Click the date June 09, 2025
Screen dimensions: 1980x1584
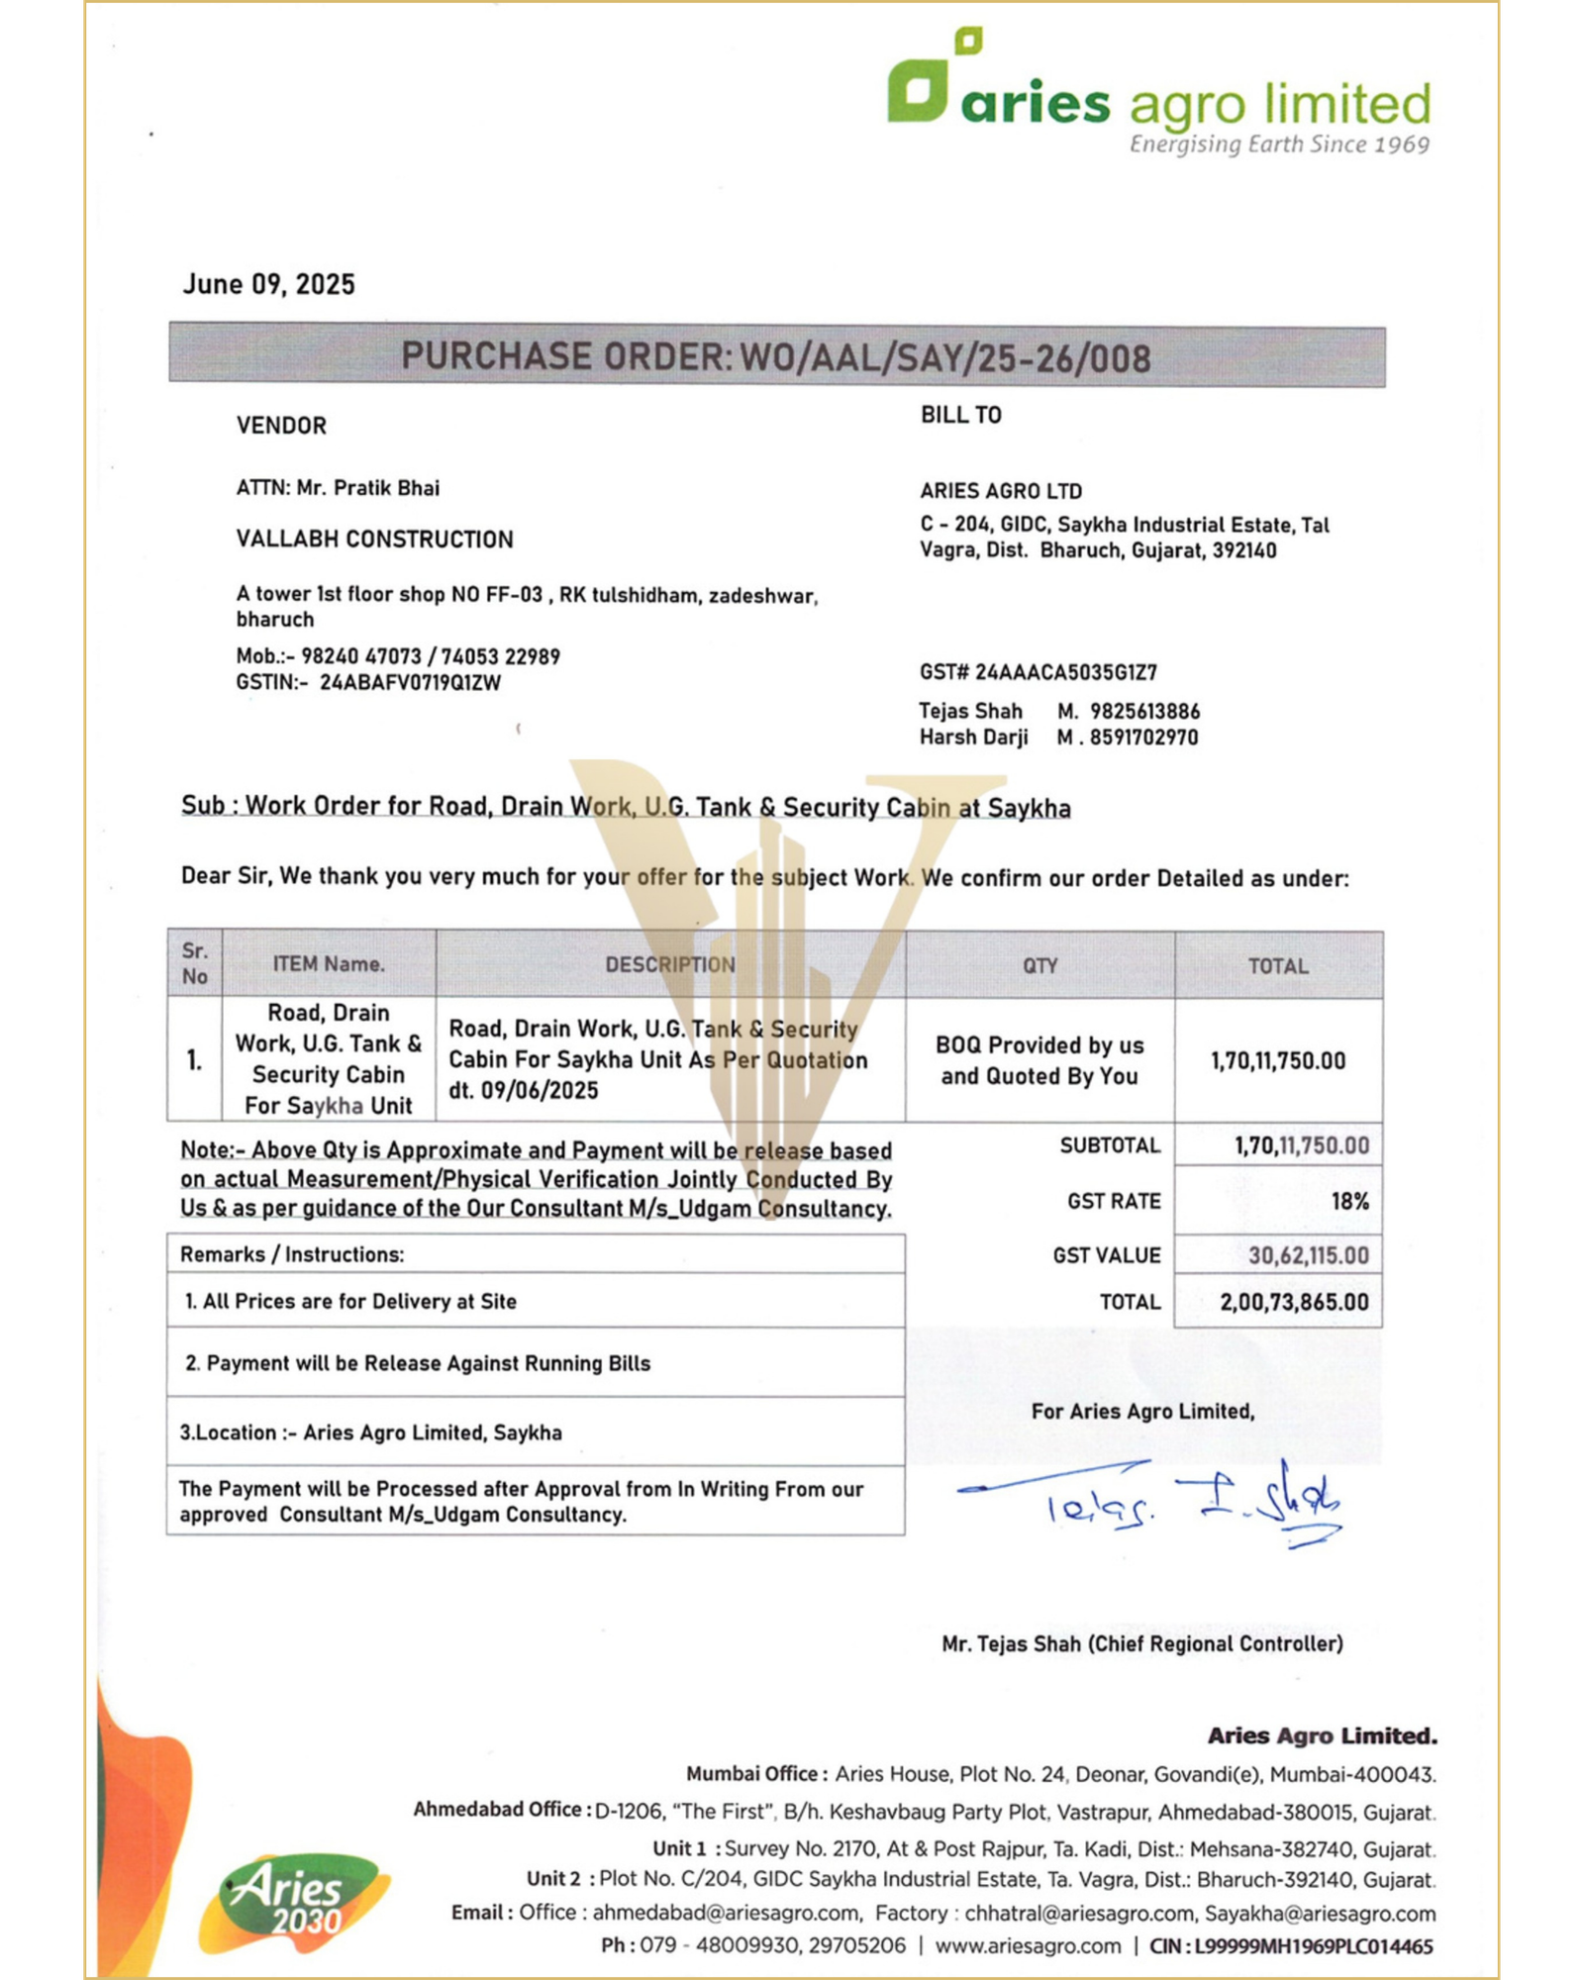coord(268,285)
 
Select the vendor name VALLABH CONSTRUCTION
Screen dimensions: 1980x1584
coord(374,540)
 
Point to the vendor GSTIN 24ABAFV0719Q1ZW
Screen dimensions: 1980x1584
coord(410,683)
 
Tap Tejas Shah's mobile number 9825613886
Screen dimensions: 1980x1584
coord(1144,712)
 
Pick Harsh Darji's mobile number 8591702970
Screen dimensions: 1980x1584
coord(1143,738)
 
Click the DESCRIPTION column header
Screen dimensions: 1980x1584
coord(670,964)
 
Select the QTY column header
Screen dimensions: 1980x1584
coord(1039,965)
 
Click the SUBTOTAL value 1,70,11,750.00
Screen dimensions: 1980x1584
coord(1301,1146)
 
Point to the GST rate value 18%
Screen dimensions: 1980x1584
coord(1349,1202)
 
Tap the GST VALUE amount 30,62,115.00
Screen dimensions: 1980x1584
coord(1308,1256)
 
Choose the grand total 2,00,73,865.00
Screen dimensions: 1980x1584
coord(1294,1302)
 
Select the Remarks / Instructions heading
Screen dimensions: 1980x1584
coord(292,1254)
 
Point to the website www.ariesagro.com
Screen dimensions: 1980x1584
coord(1028,1946)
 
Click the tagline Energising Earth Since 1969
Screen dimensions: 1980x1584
coord(1279,146)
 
